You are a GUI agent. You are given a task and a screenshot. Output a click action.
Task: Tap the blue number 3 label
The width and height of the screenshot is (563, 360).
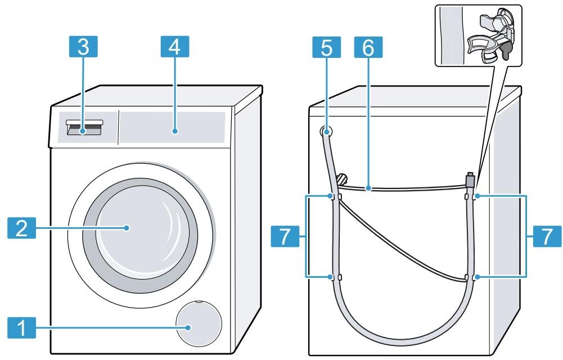83,48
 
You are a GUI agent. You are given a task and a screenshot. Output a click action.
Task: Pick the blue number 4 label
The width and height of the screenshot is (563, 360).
175,48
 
